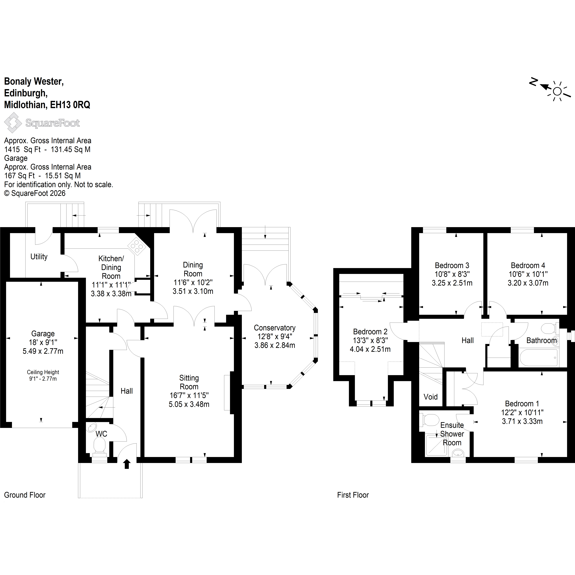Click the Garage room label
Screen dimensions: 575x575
(x=43, y=334)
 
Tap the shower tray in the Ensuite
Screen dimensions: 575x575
(x=437, y=445)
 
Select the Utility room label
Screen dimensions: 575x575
(x=39, y=257)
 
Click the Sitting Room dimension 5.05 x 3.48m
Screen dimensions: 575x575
(x=189, y=404)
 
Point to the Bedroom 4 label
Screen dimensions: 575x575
(x=528, y=265)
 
